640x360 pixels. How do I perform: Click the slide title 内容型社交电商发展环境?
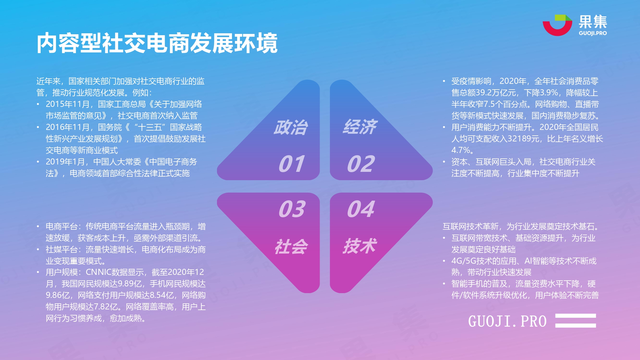pos(157,43)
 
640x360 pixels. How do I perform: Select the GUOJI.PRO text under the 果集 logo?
pos(593,33)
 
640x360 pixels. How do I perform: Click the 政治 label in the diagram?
pos(291,127)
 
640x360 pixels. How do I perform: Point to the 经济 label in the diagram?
pos(360,127)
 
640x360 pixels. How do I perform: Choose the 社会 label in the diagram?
pos(291,247)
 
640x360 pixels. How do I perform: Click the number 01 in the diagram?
pos(292,164)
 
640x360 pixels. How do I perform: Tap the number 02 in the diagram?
pos(361,164)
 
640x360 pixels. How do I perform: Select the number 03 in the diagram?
pos(292,209)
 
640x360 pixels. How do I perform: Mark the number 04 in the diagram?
pos(361,209)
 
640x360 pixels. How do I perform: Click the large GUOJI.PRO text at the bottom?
pos(508,321)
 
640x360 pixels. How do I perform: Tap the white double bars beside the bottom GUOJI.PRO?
pos(576,321)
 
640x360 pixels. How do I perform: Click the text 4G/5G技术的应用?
pos(484,261)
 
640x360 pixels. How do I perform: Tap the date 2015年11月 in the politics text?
pos(68,104)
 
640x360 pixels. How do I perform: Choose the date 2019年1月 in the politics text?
pos(65,162)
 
